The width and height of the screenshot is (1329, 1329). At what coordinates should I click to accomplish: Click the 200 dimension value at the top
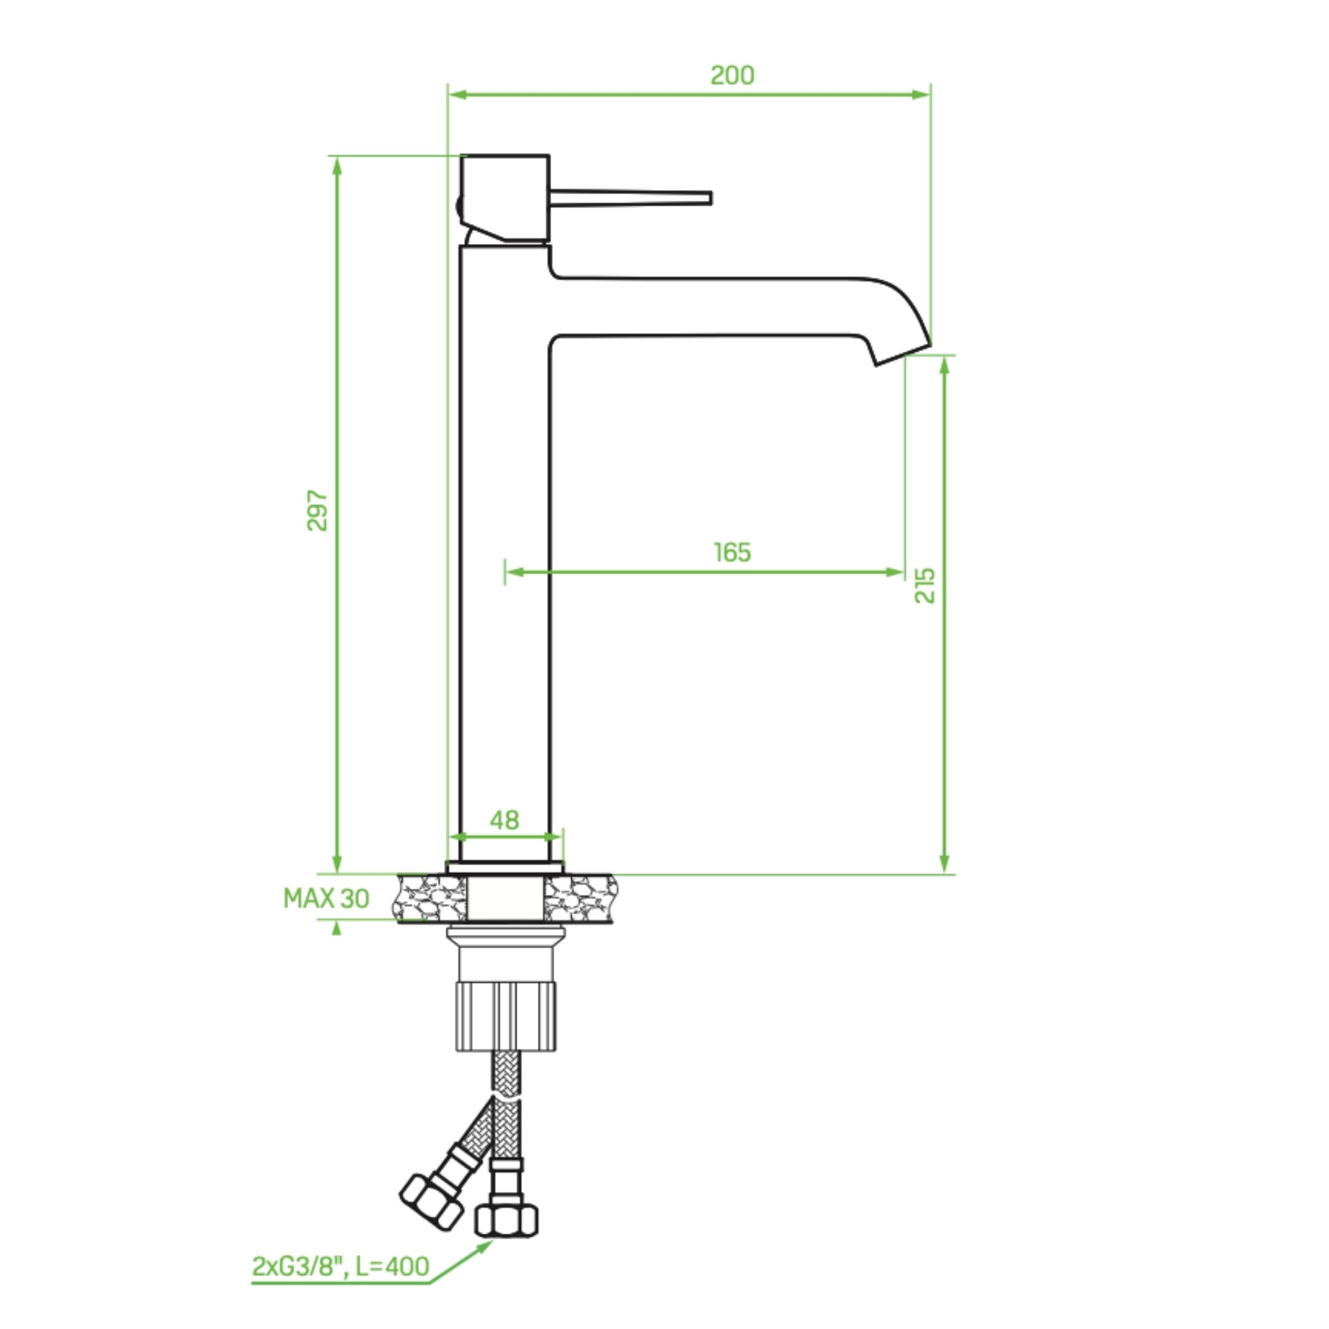(x=732, y=75)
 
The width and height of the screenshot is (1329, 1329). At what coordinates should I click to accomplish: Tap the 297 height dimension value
(x=317, y=509)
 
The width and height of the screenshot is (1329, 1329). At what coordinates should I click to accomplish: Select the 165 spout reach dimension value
(x=732, y=552)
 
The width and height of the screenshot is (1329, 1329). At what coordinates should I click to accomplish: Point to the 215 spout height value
(x=925, y=585)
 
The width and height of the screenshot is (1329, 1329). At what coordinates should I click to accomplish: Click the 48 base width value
(x=504, y=820)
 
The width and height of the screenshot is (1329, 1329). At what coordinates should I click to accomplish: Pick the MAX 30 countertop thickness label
(x=326, y=898)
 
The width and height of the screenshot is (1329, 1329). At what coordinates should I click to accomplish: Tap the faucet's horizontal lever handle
(x=630, y=198)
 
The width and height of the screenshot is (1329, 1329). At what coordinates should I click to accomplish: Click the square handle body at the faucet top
(x=505, y=198)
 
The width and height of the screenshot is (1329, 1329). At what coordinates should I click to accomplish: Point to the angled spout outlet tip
(x=903, y=354)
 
